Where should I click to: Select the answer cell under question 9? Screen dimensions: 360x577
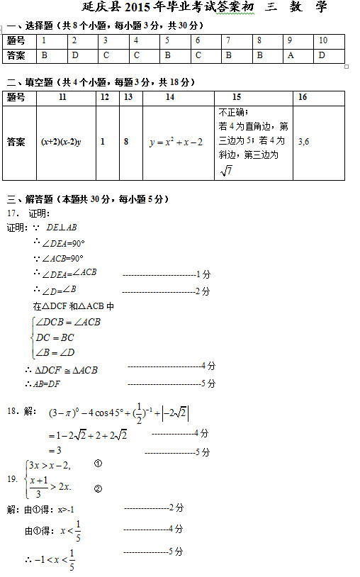[x=291, y=55]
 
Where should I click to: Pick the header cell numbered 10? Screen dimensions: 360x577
[x=323, y=40]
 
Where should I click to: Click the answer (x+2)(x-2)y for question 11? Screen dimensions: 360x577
[x=61, y=142]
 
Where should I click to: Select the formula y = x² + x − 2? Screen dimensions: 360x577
[x=176, y=142]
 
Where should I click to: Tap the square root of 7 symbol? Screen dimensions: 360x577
[x=227, y=170]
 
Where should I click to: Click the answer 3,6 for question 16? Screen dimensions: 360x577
[x=303, y=142]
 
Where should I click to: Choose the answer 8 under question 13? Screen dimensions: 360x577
[x=125, y=142]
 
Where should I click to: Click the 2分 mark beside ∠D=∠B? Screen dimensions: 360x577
[x=202, y=291]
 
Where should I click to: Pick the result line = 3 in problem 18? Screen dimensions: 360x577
[x=55, y=450]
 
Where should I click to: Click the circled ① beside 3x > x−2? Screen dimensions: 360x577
[x=98, y=464]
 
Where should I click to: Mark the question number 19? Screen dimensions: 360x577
[x=12, y=479]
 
